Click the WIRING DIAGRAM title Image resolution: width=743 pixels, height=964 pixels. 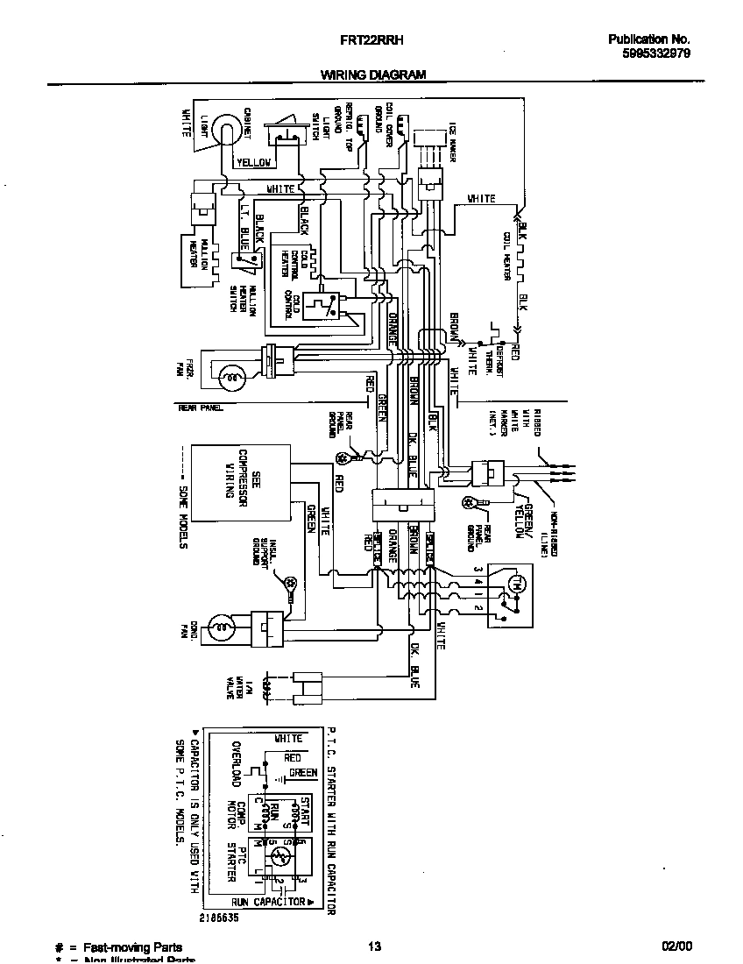pyautogui.click(x=372, y=75)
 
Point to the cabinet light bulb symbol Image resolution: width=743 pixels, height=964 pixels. pyautogui.click(x=227, y=130)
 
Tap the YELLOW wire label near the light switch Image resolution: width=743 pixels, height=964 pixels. pyautogui.click(x=253, y=162)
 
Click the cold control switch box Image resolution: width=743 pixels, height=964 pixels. pyautogui.click(x=323, y=306)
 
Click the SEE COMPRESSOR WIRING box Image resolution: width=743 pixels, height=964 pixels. pyautogui.click(x=242, y=484)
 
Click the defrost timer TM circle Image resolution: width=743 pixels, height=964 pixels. pyautogui.click(x=515, y=584)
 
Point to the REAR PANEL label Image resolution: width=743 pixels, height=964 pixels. pyautogui.click(x=200, y=408)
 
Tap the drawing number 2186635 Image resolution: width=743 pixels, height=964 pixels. pyautogui.click(x=217, y=917)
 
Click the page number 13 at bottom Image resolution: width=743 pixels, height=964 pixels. pyautogui.click(x=374, y=946)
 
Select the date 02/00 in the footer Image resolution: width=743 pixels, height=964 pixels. pyautogui.click(x=676, y=946)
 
